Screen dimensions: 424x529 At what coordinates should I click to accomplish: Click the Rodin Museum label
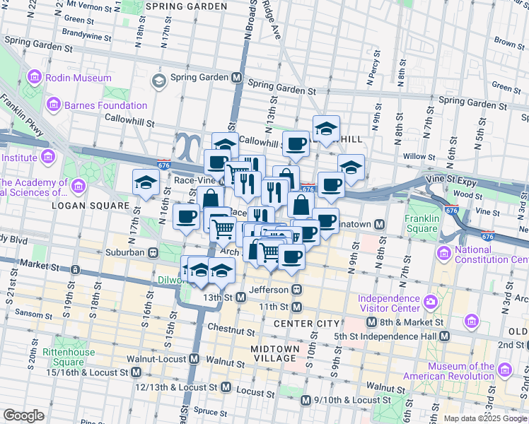[79, 78]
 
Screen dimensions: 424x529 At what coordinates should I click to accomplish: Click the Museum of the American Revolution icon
[504, 370]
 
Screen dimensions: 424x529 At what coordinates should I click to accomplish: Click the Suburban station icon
[152, 252]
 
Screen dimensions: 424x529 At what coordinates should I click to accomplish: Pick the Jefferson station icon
[298, 290]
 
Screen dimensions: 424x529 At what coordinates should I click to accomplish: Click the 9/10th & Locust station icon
[305, 401]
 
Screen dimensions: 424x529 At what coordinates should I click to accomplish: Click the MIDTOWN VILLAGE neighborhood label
[274, 353]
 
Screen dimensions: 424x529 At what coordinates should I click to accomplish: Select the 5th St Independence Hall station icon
[443, 336]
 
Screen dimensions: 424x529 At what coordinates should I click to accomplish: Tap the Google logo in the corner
[24, 416]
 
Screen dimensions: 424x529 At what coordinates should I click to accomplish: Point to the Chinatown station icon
[380, 225]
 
